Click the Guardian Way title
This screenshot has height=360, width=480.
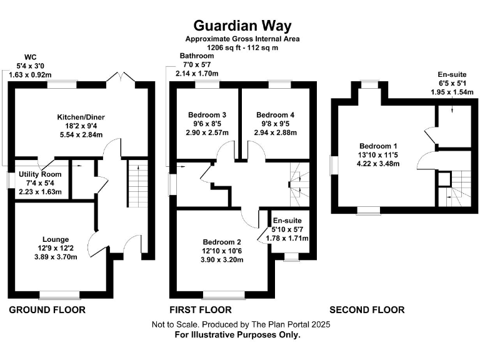[x=242, y=25]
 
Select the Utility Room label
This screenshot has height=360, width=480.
[x=40, y=174]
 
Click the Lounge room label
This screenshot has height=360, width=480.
[x=55, y=239]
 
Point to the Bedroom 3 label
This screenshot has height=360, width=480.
[x=207, y=115]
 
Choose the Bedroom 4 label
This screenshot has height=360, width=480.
[x=275, y=115]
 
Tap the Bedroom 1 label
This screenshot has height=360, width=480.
[x=370, y=146]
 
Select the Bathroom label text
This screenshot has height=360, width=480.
[x=197, y=56]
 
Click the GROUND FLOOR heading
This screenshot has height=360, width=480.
[x=47, y=310]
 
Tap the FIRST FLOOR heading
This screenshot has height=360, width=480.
[x=201, y=310]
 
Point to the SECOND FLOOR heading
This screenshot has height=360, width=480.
[x=367, y=310]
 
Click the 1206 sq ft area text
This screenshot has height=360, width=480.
[x=242, y=47]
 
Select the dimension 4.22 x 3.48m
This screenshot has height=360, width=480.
[x=370, y=164]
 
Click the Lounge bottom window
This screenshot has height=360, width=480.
[x=60, y=294]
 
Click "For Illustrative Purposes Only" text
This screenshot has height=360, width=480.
[x=237, y=335]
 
